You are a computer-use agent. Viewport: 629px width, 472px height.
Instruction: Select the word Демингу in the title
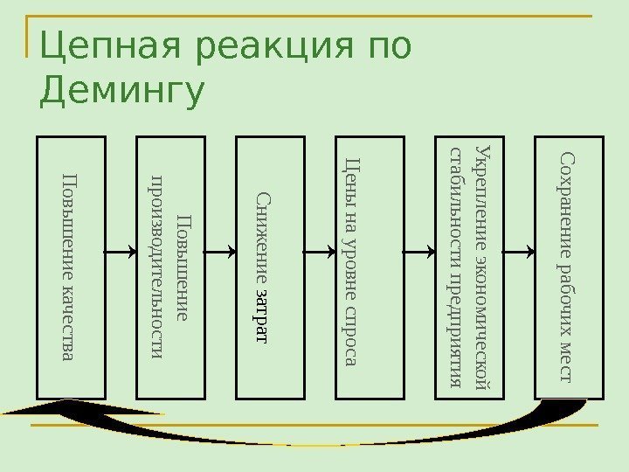pos(122,92)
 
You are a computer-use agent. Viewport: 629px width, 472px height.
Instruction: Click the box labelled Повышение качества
pos(71,267)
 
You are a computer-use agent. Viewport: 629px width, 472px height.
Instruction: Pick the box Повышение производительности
pos(170,267)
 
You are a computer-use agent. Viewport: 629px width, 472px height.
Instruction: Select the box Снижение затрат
pos(271,267)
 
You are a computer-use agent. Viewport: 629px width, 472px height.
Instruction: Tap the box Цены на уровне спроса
pos(370,267)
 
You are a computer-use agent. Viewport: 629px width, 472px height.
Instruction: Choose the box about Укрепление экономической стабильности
pos(470,267)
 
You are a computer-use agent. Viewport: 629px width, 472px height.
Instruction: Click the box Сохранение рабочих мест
pos(570,267)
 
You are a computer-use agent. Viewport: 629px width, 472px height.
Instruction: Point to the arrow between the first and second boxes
pos(121,251)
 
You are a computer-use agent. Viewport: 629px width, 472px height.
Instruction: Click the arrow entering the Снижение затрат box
pos(221,251)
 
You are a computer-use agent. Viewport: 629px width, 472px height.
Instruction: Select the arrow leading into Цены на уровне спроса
pos(321,251)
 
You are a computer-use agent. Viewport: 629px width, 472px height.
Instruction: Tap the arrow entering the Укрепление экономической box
pos(420,251)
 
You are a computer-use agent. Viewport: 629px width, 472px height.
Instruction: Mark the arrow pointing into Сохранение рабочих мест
pos(520,251)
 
